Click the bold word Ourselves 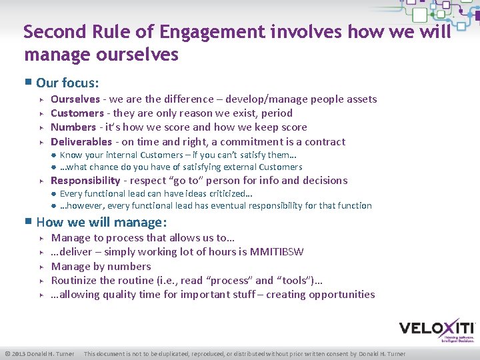point(75,99)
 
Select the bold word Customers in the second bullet point(77,113)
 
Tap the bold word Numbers point(73,127)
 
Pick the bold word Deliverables point(81,141)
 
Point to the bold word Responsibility point(85,181)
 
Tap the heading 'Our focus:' point(67,83)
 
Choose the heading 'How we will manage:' point(101,222)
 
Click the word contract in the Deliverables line point(323,141)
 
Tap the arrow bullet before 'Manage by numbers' point(41,267)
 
